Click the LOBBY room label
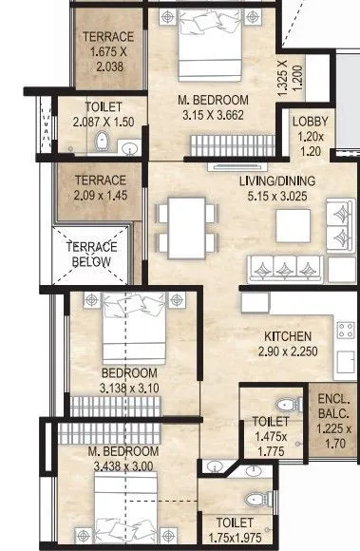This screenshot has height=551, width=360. coord(311,122)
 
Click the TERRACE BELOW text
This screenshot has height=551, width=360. coord(91,254)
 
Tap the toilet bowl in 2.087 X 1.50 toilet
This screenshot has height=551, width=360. coord(103,142)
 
